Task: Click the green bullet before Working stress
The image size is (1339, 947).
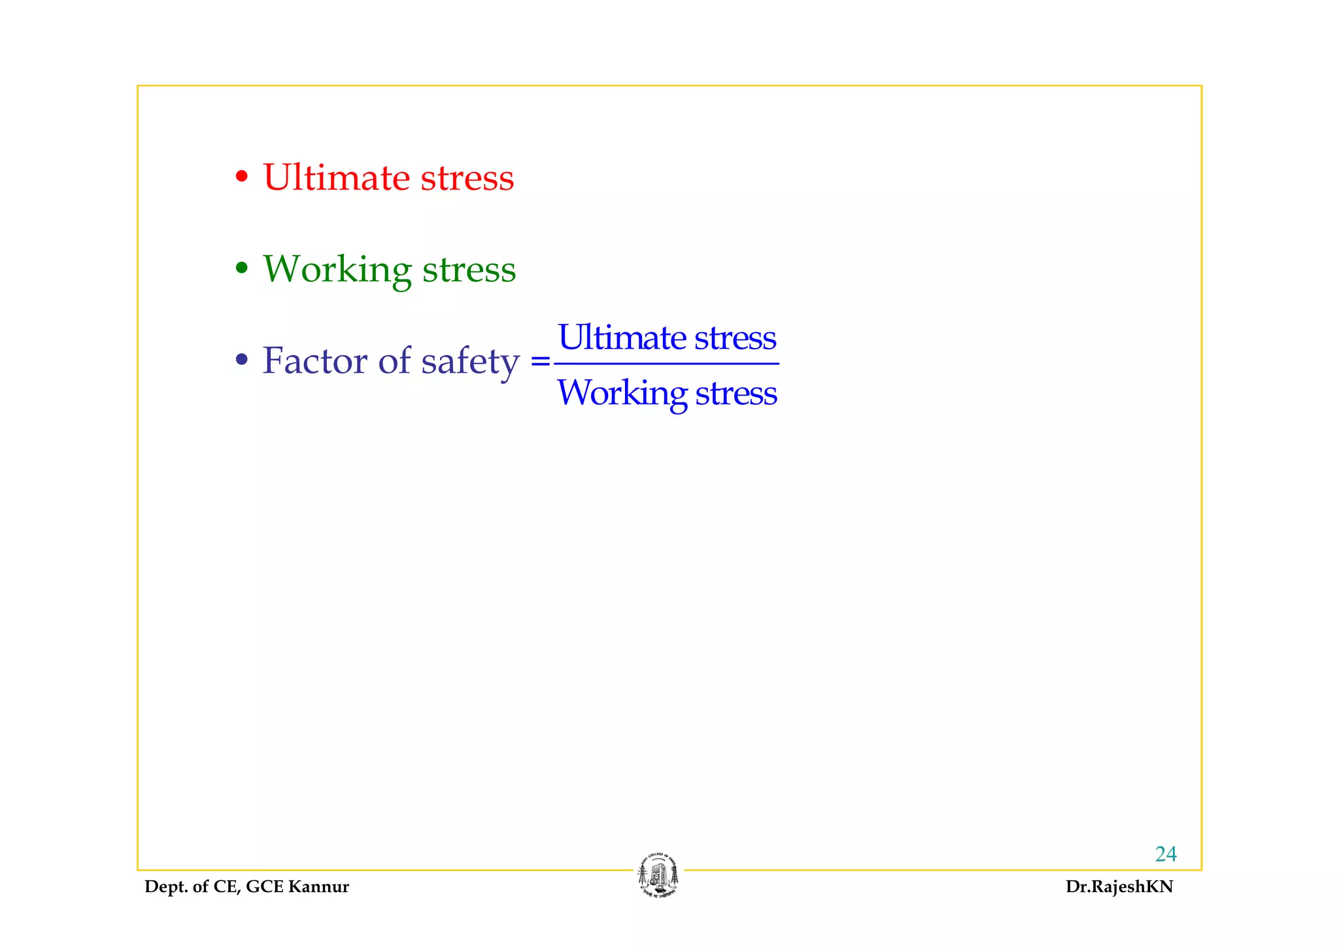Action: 242,267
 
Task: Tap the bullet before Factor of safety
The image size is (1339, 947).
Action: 242,359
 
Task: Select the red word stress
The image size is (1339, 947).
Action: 467,178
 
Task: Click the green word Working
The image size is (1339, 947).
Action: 337,269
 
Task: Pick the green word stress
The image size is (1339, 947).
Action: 469,269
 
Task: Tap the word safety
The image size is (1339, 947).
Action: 470,362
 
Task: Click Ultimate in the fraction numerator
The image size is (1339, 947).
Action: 621,337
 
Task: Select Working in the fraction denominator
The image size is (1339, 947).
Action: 622,394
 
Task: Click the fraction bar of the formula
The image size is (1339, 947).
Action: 666,364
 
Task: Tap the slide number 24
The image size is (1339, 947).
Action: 1166,854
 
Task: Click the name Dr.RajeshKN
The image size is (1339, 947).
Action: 1119,887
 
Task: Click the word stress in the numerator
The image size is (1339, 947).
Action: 735,338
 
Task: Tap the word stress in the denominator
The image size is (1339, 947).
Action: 736,393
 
